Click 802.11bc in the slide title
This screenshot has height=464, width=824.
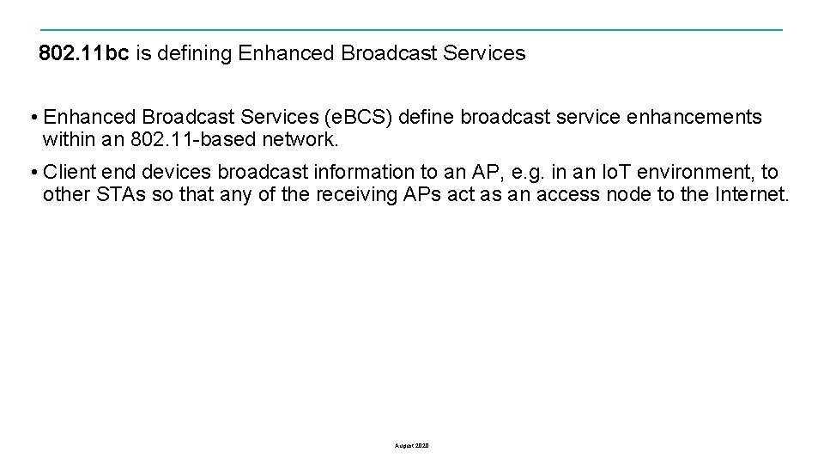(84, 53)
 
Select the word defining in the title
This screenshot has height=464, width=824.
(193, 53)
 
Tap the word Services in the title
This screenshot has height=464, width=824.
(484, 53)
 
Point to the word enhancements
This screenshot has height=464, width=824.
(694, 117)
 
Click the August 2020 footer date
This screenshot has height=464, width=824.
(412, 446)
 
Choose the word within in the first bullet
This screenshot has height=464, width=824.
(67, 139)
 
